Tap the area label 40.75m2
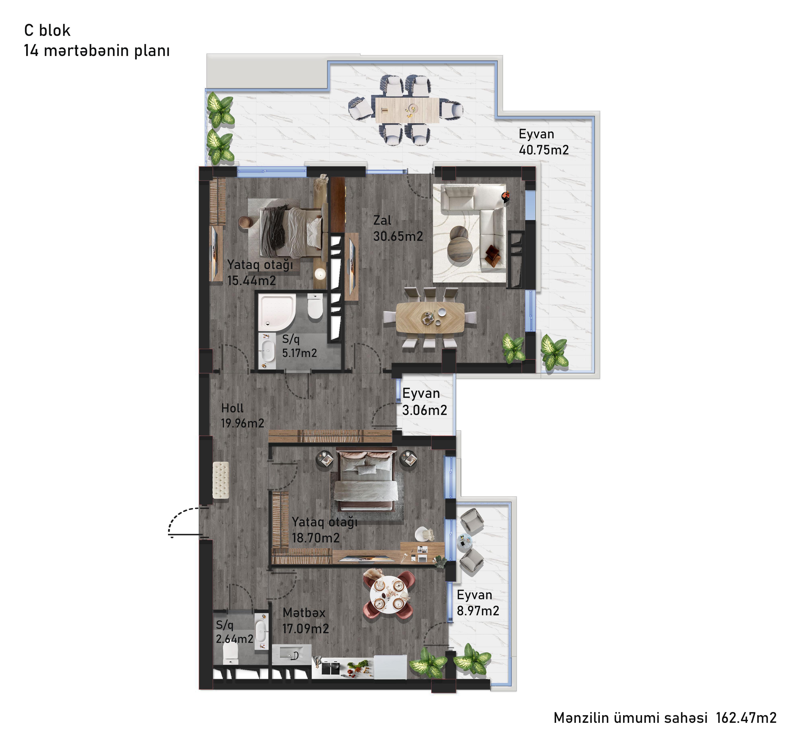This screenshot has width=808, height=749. pyautogui.click(x=544, y=150)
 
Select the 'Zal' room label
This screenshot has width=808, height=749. pyautogui.click(x=382, y=220)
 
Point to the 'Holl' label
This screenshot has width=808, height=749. pyautogui.click(x=232, y=408)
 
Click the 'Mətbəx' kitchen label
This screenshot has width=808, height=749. pyautogui.click(x=304, y=612)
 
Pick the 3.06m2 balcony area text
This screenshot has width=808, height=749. pyautogui.click(x=425, y=410)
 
